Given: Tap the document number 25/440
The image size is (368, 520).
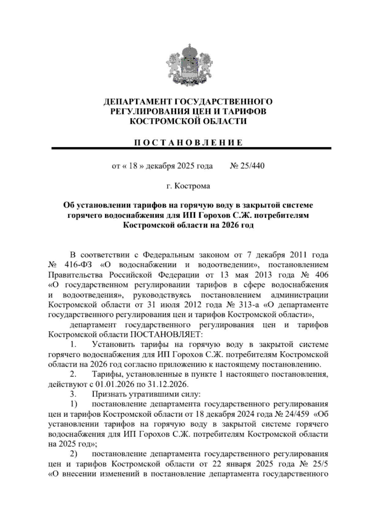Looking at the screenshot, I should tap(253, 166).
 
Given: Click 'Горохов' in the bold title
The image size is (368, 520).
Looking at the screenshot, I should tap(214, 216).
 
